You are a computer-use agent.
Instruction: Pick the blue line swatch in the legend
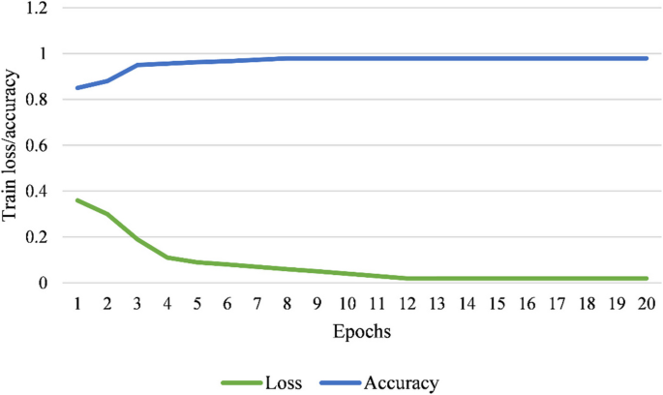coord(346,382)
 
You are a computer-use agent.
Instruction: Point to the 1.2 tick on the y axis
coord(38,9)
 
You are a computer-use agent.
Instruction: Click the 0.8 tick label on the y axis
coord(38,101)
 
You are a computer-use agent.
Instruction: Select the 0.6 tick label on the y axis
coord(38,146)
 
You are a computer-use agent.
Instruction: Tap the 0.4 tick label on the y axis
coord(38,192)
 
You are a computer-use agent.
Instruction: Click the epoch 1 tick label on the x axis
coord(77,303)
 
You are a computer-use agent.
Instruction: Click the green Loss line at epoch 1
coord(77,200)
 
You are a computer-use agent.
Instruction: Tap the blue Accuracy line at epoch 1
coord(77,88)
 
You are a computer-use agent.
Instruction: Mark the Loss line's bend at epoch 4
coord(167,258)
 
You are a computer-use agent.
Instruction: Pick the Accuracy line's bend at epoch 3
coord(137,65)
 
